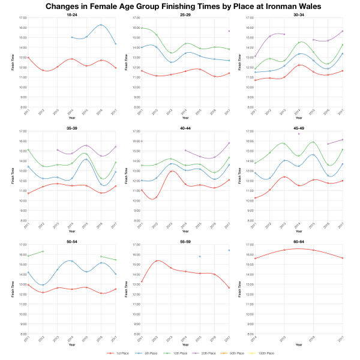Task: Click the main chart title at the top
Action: click(x=180, y=6)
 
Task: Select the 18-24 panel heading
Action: click(x=71, y=14)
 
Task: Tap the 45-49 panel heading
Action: click(x=294, y=127)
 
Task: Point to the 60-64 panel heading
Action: click(x=294, y=241)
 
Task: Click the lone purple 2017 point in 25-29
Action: click(x=229, y=31)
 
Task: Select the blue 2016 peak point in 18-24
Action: click(x=101, y=25)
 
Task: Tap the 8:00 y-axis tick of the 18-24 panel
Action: click(x=22, y=107)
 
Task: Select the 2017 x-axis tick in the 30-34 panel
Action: click(x=341, y=112)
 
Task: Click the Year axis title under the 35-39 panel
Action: click(x=71, y=230)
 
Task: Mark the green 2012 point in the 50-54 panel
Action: click(x=43, y=251)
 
